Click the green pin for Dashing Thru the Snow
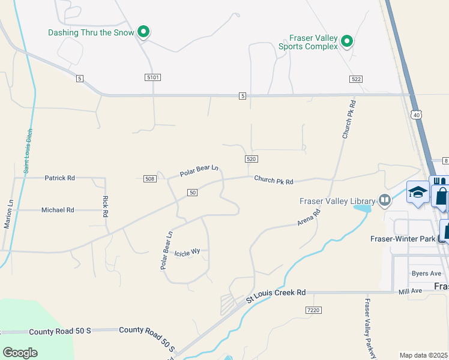pyautogui.click(x=143, y=31)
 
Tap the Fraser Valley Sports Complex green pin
pyautogui.click(x=346, y=41)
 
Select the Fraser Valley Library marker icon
pyautogui.click(x=385, y=201)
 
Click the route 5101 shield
pyautogui.click(x=153, y=78)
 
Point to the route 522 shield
pyautogui.click(x=357, y=79)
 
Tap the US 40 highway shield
pyautogui.click(x=416, y=114)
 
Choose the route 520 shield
pyautogui.click(x=252, y=158)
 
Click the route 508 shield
pyautogui.click(x=150, y=178)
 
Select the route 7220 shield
pyautogui.click(x=313, y=310)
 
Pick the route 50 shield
pyautogui.click(x=192, y=192)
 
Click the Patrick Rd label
pyautogui.click(x=59, y=178)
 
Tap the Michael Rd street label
pyautogui.click(x=58, y=210)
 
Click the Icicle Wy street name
pyautogui.click(x=187, y=253)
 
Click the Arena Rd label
pyautogui.click(x=309, y=217)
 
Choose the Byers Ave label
pyautogui.click(x=426, y=274)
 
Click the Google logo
pyautogui.click(x=20, y=353)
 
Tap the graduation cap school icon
pyautogui.click(x=417, y=192)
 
